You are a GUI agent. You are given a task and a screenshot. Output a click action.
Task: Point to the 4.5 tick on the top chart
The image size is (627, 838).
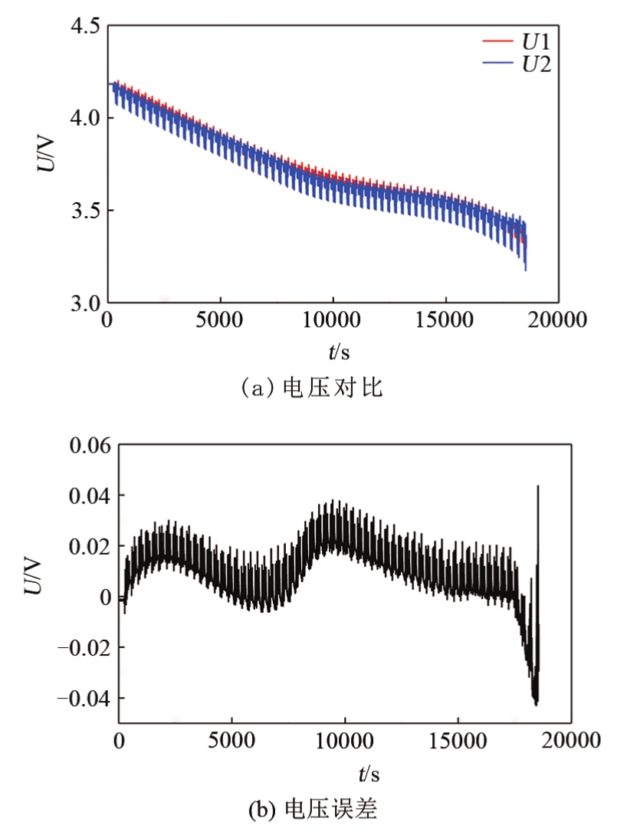click(84, 27)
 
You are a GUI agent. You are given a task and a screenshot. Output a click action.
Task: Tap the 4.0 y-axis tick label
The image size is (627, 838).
click(84, 119)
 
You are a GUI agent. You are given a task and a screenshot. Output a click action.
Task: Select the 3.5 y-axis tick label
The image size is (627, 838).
click(84, 211)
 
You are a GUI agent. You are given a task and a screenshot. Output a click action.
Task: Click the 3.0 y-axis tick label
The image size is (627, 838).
click(84, 303)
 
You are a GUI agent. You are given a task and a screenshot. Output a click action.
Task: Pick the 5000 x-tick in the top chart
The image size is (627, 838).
click(220, 319)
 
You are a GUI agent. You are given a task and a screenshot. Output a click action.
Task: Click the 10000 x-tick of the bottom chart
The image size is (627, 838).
click(345, 741)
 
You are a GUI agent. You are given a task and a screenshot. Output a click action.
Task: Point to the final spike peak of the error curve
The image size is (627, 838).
click(538, 486)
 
